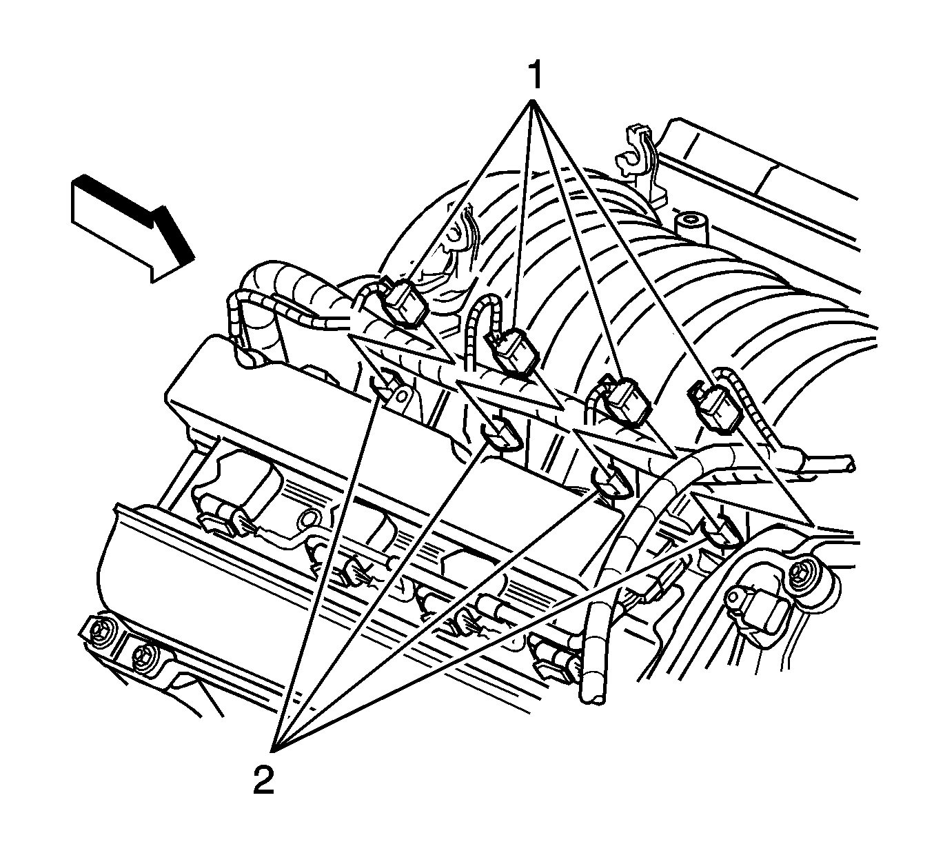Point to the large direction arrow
pyautogui.click(x=133, y=228)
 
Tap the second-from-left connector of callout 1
pyautogui.click(x=512, y=350)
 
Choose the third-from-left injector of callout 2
pyautogui.click(x=609, y=485)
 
